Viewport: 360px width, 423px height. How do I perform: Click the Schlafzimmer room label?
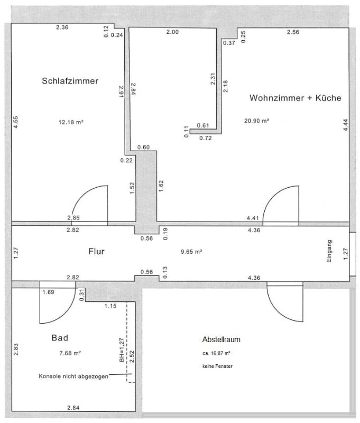(x=70, y=81)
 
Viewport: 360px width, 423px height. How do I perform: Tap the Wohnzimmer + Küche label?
(x=296, y=98)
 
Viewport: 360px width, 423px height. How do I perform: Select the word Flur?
(x=96, y=252)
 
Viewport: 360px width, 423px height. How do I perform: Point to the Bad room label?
(x=60, y=338)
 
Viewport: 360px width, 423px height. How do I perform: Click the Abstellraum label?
(x=221, y=339)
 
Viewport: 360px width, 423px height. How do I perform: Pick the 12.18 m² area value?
(x=71, y=122)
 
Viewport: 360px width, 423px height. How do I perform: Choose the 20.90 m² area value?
(x=256, y=121)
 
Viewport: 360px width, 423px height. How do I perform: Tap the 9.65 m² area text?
(x=191, y=252)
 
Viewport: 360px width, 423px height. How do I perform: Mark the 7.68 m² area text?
(x=70, y=353)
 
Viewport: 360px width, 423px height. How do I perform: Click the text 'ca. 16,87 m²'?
(x=216, y=353)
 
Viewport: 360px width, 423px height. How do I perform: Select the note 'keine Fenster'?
(x=217, y=366)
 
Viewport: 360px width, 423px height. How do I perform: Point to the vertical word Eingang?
(x=329, y=251)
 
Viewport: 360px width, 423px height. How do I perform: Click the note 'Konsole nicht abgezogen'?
(x=73, y=376)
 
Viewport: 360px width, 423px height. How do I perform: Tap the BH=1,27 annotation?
(x=122, y=350)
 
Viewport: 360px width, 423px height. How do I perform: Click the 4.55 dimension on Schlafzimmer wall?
(x=16, y=122)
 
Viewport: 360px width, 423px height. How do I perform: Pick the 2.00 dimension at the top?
(x=172, y=32)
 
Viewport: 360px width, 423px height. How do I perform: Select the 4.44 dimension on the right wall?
(x=345, y=125)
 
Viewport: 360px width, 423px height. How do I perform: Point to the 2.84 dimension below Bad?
(x=73, y=408)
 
